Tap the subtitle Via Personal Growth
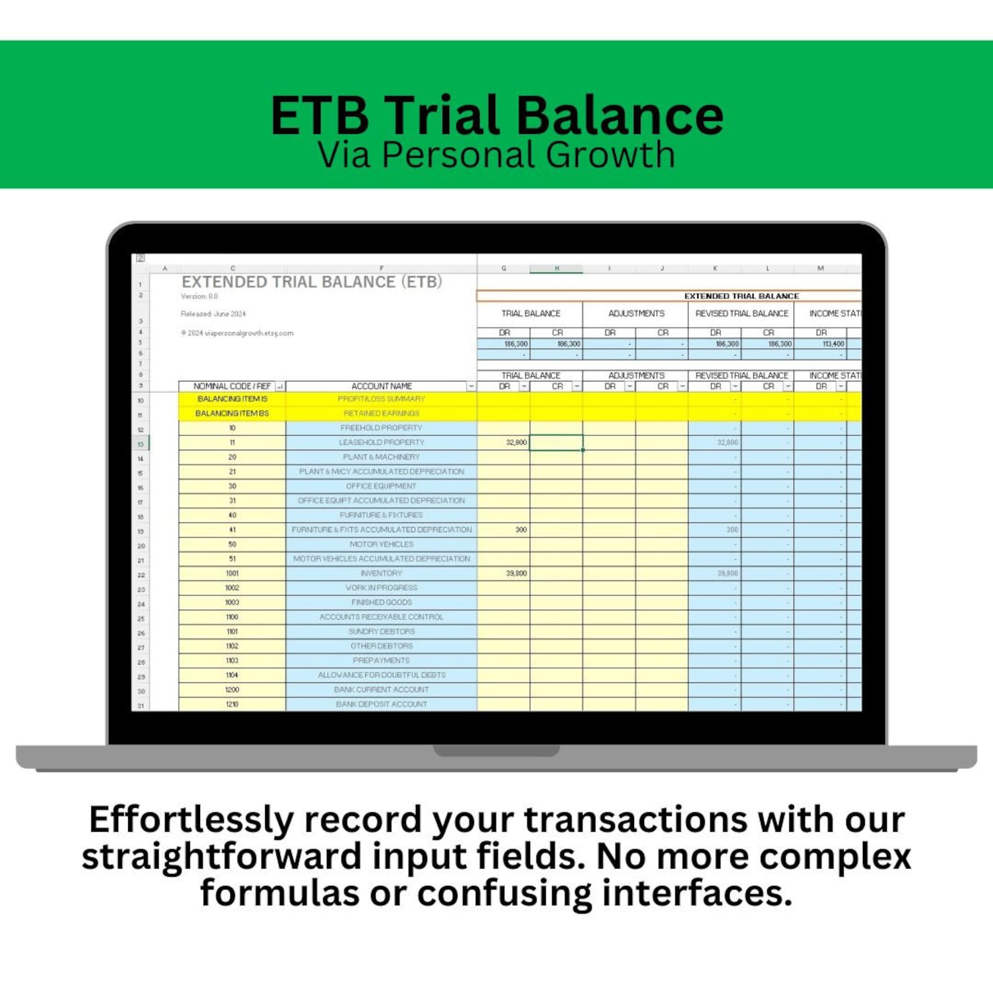point(496,155)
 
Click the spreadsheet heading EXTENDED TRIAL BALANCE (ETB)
point(311,282)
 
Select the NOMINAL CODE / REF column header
point(232,386)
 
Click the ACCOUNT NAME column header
point(381,386)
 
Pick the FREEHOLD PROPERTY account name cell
point(381,428)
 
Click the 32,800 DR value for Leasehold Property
point(516,443)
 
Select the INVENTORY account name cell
point(381,573)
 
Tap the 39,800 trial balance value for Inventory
point(516,573)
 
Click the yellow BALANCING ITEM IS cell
point(232,399)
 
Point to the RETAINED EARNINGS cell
point(381,413)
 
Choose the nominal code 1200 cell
point(232,690)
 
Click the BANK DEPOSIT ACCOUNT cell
point(381,704)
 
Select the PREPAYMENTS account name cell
point(381,660)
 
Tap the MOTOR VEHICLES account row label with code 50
point(381,544)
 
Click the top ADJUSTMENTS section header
point(636,313)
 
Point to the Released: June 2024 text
point(213,314)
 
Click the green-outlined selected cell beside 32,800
point(556,443)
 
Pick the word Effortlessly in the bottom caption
point(191,820)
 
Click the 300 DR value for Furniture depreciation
point(520,530)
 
